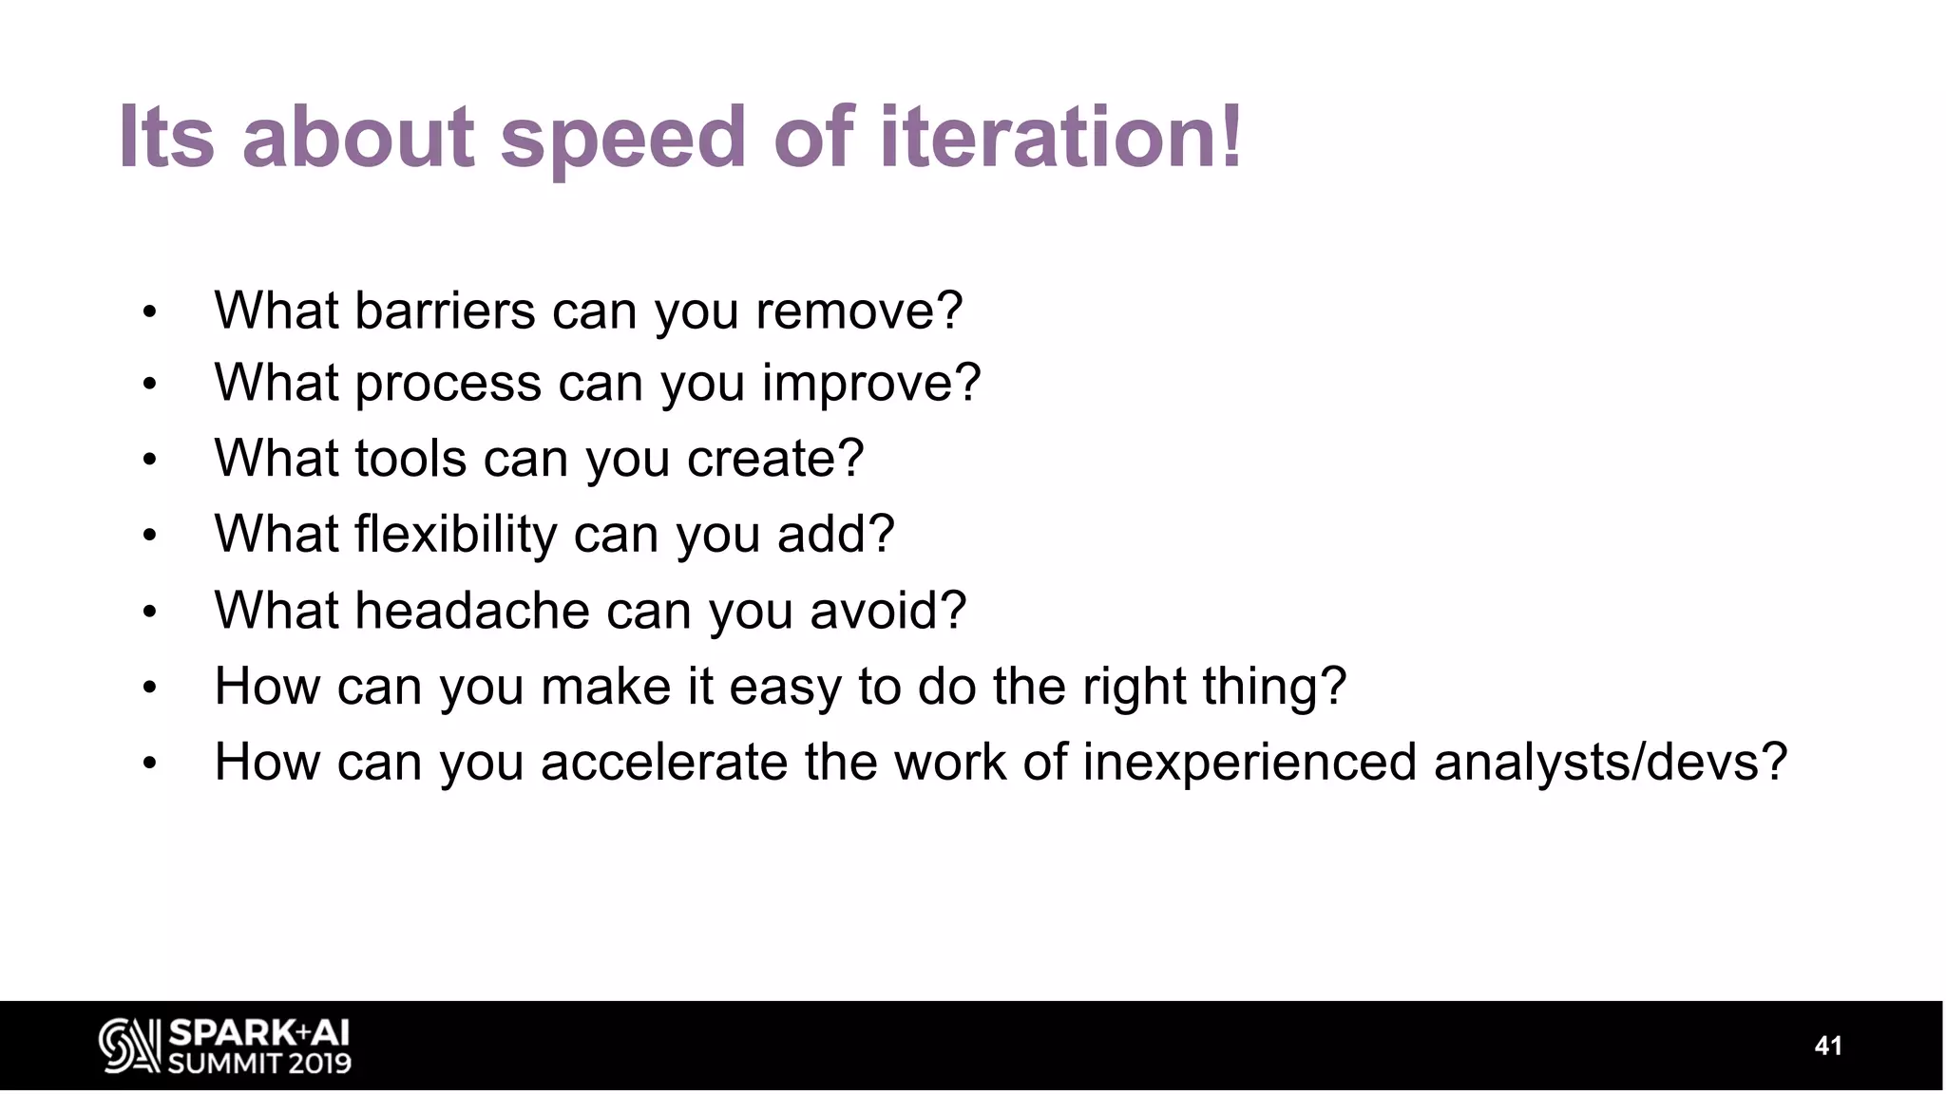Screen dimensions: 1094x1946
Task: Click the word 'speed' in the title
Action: [622, 139]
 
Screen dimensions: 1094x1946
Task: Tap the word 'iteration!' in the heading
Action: [1060, 139]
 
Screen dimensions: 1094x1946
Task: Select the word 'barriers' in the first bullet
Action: [445, 311]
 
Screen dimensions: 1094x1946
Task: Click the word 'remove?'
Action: [859, 311]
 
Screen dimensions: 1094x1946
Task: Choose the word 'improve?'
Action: [870, 384]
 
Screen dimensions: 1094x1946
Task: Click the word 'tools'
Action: [410, 459]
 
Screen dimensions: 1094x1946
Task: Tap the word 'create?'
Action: [775, 459]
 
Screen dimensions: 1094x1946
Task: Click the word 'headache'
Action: [472, 611]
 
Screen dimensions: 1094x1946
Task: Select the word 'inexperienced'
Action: [1250, 763]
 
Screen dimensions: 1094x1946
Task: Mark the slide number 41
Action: [1828, 1046]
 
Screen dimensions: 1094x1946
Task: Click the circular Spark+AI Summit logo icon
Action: [129, 1046]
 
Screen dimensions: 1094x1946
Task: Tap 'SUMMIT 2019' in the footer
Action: [259, 1064]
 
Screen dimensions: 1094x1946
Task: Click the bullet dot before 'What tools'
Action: [149, 461]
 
